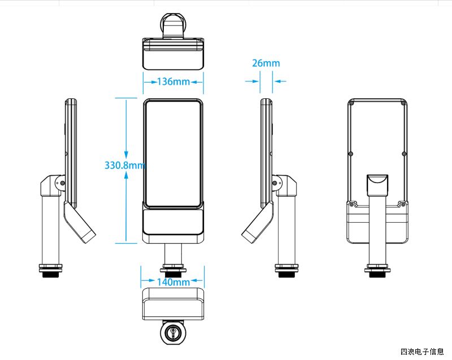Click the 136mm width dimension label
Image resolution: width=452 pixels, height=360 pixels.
tap(173, 82)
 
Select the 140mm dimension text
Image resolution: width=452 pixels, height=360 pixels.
tap(173, 281)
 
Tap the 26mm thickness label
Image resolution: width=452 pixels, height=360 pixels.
tap(266, 63)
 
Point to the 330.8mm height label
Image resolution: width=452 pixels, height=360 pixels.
tap(125, 165)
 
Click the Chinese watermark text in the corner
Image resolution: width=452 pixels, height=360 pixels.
tap(421, 352)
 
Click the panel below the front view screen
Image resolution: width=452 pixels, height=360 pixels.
tap(173, 222)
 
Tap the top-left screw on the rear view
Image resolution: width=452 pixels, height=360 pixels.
tap(351, 103)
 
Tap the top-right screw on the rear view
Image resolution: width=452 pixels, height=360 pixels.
tap(402, 103)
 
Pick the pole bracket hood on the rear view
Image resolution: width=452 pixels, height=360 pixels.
tap(377, 185)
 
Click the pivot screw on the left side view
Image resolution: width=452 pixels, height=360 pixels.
tap(62, 183)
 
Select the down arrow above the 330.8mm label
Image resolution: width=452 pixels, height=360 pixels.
tap(126, 154)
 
